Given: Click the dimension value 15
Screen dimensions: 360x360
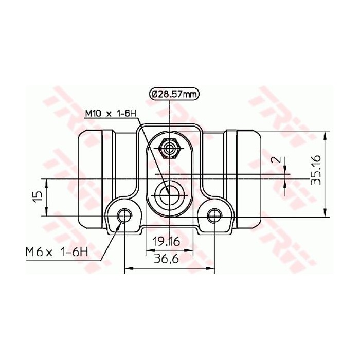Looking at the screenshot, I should coord(37,197).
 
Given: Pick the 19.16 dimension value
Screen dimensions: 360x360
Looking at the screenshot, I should coord(165,241).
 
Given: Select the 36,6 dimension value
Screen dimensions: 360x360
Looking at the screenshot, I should coord(165,260).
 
